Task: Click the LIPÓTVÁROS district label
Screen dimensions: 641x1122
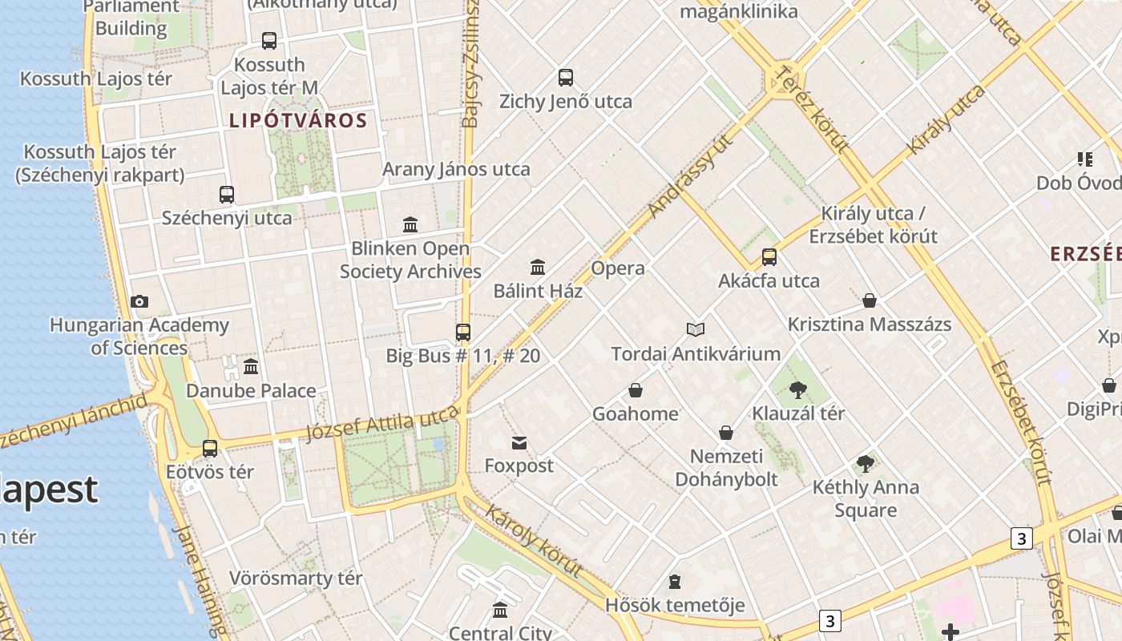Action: [x=298, y=121]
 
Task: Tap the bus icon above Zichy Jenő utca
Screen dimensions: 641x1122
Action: [x=566, y=78]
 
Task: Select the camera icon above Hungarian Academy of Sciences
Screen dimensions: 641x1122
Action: [x=139, y=301]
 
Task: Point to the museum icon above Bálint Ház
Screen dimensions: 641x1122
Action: [x=538, y=267]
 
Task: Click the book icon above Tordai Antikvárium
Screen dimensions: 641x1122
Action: [x=696, y=329]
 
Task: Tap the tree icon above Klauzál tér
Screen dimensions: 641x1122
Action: [x=797, y=390]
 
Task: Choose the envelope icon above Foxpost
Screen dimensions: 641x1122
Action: [x=519, y=442]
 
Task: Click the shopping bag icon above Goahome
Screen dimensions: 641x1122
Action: [x=636, y=390]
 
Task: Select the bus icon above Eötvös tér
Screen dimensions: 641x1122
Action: [x=210, y=448]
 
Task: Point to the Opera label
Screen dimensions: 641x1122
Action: [x=618, y=268]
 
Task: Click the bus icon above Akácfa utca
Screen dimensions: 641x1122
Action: [x=769, y=257]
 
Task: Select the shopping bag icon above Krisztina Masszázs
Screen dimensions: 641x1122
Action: [x=870, y=300]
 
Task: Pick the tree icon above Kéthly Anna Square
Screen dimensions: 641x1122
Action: [x=865, y=463]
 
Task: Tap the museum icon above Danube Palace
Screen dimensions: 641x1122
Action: [x=251, y=367]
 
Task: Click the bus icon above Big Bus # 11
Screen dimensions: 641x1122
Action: [x=463, y=332]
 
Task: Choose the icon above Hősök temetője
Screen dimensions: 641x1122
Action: [x=675, y=581]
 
